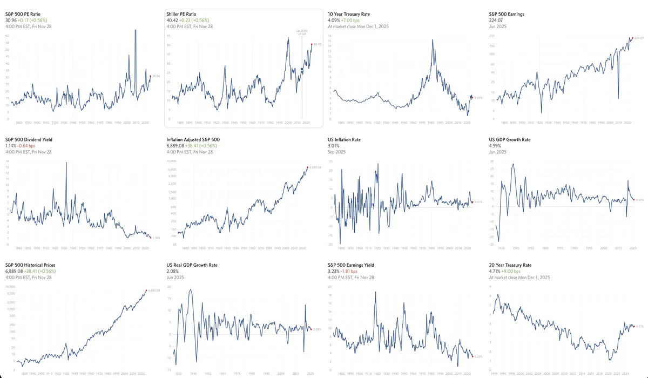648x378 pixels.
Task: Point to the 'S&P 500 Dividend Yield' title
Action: [x=29, y=139]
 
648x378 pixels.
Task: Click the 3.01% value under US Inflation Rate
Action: [x=335, y=146]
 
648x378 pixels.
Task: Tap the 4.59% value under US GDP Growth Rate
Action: [x=496, y=146]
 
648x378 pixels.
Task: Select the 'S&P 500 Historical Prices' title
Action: [x=30, y=265]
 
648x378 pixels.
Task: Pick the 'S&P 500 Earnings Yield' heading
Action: [x=351, y=265]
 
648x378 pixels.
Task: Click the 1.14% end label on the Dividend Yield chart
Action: [x=157, y=238]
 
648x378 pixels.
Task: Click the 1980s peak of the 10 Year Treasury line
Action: [x=432, y=39]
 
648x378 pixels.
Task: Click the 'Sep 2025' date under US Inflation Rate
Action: [x=337, y=152]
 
